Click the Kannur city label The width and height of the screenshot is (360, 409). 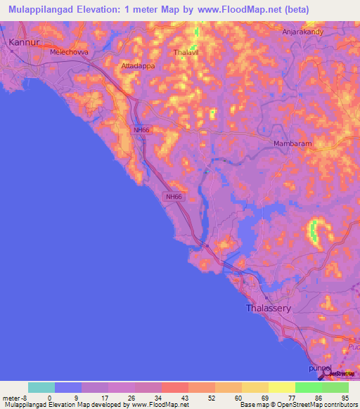click(22, 42)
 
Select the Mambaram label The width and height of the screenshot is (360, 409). click(292, 143)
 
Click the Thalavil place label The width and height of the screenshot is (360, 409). click(187, 52)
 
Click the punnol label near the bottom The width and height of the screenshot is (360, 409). click(319, 368)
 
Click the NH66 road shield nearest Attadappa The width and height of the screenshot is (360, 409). click(141, 130)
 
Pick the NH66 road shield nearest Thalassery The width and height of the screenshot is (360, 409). click(174, 197)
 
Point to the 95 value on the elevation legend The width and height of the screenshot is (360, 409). click(345, 397)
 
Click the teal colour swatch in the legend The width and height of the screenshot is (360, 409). click(41, 387)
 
